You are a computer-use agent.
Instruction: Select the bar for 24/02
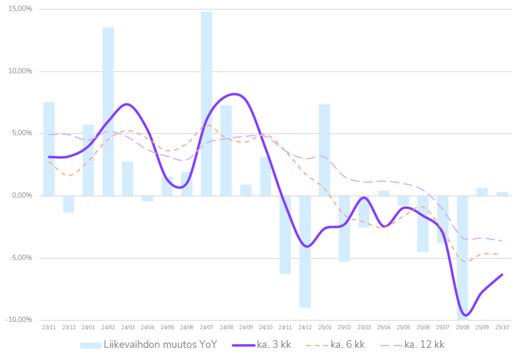coord(108,111)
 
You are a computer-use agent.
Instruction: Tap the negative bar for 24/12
coord(305,252)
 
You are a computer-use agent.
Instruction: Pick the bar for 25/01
coord(325,149)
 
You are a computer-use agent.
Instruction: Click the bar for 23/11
coord(49,148)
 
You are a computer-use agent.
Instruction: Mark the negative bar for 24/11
coord(285,235)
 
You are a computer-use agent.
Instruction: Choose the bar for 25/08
coord(462,257)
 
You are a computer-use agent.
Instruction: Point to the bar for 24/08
coord(226,150)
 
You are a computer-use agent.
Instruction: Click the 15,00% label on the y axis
coord(20,9)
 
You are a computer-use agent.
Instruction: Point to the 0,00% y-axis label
coord(21,195)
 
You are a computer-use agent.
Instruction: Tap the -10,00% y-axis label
coord(19,319)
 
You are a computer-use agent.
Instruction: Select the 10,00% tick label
coord(20,71)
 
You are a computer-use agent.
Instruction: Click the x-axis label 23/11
coord(48,327)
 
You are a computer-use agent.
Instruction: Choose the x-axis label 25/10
coord(502,327)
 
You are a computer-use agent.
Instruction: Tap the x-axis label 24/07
coord(207,327)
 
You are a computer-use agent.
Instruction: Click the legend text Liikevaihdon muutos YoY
coord(161,345)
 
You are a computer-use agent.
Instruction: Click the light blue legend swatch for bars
coord(90,345)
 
